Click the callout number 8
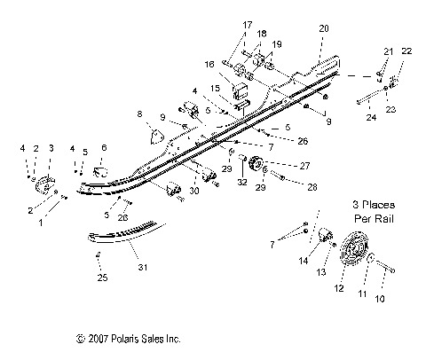tap(138, 114)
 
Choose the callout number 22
tap(407, 53)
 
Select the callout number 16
tap(210, 64)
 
